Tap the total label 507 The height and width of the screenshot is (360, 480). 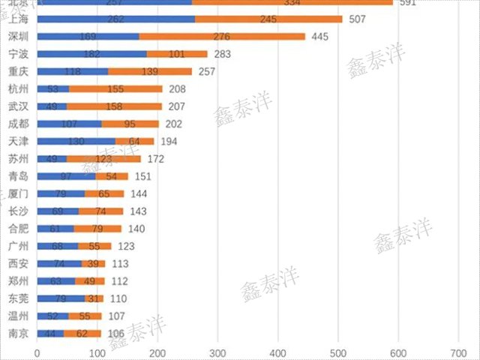coord(358,19)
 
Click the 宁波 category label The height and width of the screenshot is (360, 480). coord(19,54)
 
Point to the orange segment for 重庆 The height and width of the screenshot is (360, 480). coord(150,71)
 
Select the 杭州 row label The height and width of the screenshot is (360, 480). coord(19,88)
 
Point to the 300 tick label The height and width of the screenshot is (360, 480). coord(217,352)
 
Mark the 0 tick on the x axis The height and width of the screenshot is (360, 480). coord(37,352)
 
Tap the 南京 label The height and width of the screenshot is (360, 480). coord(19,334)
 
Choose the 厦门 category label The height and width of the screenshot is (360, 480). coord(19,193)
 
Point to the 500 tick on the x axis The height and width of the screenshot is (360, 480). coord(338,352)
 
